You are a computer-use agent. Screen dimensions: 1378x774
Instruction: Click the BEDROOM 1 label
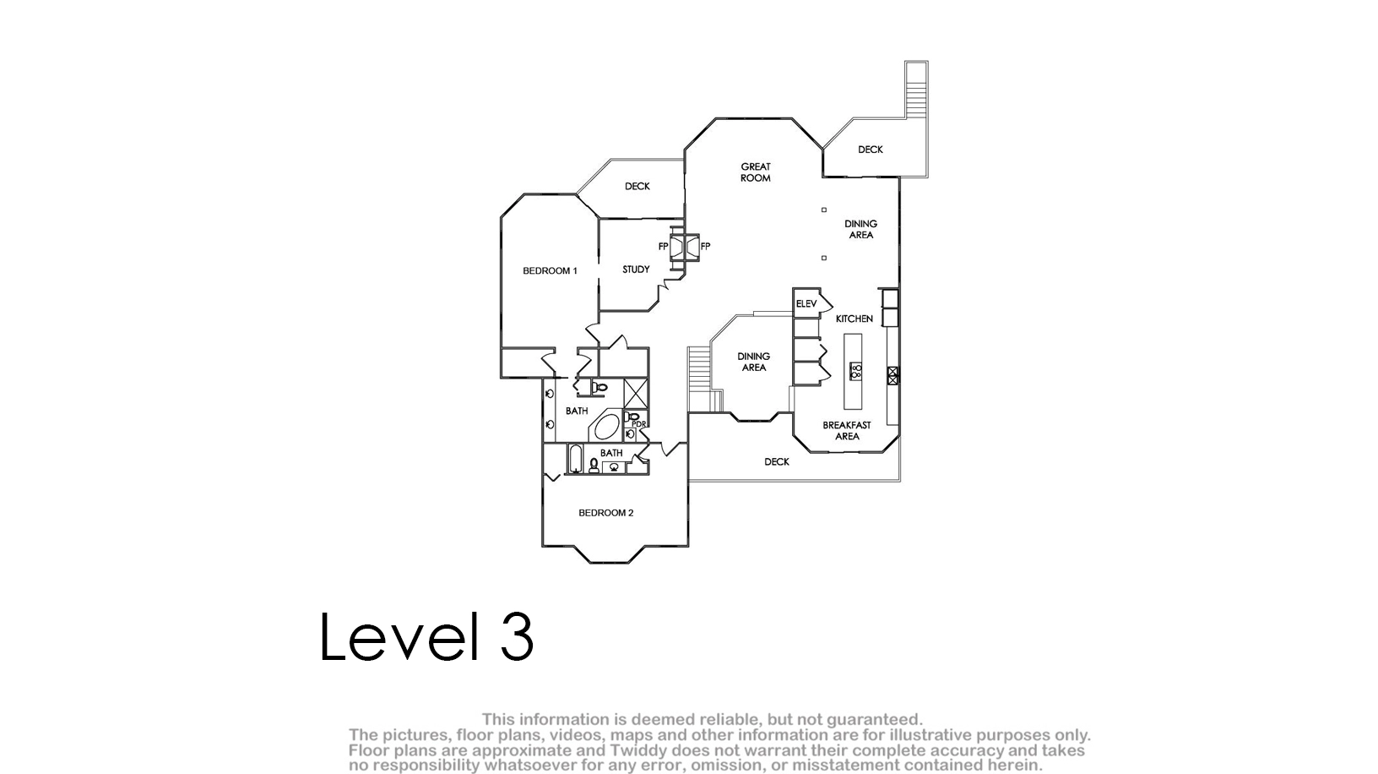tap(550, 270)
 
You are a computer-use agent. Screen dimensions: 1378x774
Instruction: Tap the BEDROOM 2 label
tap(606, 512)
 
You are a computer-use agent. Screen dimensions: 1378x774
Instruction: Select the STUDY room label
tap(636, 269)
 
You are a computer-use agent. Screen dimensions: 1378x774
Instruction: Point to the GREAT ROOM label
tap(756, 172)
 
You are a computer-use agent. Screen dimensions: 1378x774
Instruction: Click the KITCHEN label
tap(854, 319)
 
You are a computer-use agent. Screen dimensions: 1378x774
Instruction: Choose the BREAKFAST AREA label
tap(847, 430)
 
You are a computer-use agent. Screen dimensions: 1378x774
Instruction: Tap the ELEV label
tap(806, 303)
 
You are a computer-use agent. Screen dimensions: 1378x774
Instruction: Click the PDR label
tap(639, 424)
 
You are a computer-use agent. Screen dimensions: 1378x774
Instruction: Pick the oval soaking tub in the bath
tap(606, 427)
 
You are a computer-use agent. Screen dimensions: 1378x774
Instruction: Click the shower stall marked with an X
tap(636, 393)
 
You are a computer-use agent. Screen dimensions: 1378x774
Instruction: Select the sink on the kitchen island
tap(855, 371)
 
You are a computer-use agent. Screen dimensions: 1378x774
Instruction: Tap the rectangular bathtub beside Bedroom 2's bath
tap(575, 458)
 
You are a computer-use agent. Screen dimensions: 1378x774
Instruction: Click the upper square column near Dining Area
tap(824, 210)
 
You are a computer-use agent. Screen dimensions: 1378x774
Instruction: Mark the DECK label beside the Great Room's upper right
tap(870, 149)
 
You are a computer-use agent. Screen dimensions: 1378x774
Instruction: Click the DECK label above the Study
tap(637, 186)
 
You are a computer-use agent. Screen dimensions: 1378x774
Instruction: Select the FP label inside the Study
tap(663, 246)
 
